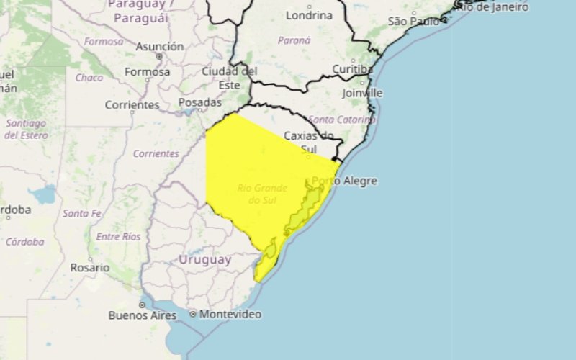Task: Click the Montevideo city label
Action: (230, 315)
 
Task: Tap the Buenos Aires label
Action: (138, 315)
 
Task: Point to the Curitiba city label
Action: (352, 69)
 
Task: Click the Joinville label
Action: (363, 93)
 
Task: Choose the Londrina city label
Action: (309, 15)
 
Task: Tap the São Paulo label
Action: (413, 22)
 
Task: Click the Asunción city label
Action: (159, 47)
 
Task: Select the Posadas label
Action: (199, 103)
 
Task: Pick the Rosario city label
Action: (89, 267)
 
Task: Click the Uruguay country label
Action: (204, 260)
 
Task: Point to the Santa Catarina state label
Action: (342, 119)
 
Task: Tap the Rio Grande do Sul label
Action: (262, 194)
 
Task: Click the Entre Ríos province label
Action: (119, 237)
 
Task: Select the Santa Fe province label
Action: (81, 213)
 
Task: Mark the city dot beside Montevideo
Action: (193, 315)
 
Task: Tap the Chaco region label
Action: (89, 78)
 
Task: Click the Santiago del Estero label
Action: (25, 129)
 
